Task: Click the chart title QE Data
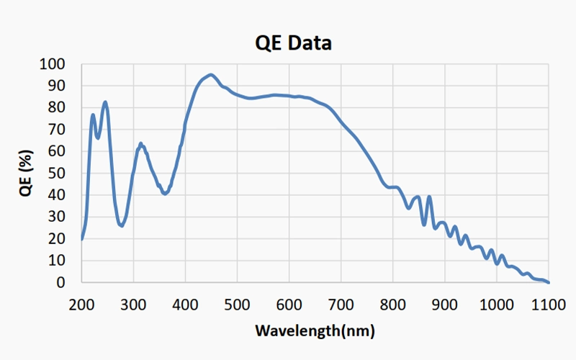coord(293,43)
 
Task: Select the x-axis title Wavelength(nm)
coord(315,331)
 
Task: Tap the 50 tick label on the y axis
coord(56,174)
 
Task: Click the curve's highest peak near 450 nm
coord(210,74)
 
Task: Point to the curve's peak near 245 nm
coord(105,102)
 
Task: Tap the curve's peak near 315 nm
coord(141,144)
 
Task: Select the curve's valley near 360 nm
coord(165,194)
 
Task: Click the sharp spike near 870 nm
coord(429,197)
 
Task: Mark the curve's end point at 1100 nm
coord(549,282)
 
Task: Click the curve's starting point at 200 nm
coord(82,239)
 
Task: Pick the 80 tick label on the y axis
coord(56,108)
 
